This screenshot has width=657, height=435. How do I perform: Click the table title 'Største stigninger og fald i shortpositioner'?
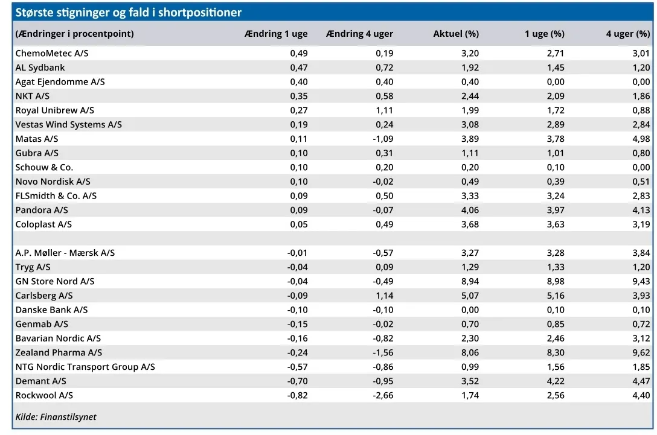pyautogui.click(x=128, y=13)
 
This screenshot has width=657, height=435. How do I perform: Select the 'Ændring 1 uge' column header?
pyautogui.click(x=276, y=34)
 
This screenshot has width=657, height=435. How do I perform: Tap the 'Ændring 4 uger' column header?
pyautogui.click(x=359, y=34)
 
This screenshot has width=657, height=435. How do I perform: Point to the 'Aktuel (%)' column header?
pyautogui.click(x=456, y=34)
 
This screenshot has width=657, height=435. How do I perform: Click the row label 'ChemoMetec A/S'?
pyautogui.click(x=52, y=53)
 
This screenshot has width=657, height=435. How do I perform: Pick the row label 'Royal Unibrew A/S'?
pyautogui.click(x=55, y=110)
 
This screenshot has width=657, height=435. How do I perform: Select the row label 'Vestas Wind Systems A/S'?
pyautogui.click(x=69, y=124)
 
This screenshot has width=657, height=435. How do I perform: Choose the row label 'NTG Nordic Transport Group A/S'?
pyautogui.click(x=85, y=367)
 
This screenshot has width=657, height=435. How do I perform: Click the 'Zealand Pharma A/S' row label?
pyautogui.click(x=59, y=352)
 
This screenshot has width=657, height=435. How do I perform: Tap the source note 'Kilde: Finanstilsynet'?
pyautogui.click(x=56, y=416)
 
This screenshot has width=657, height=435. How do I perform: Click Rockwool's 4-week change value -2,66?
pyautogui.click(x=383, y=395)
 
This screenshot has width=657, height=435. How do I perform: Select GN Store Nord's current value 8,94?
pyautogui.click(x=470, y=281)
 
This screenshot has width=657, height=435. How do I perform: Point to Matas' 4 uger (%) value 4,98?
pyautogui.click(x=641, y=139)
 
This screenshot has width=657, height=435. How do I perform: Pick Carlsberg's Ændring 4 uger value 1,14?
pyautogui.click(x=385, y=296)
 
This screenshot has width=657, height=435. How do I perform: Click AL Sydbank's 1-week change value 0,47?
pyautogui.click(x=299, y=68)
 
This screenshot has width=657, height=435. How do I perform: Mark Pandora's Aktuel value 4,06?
pyautogui.click(x=470, y=210)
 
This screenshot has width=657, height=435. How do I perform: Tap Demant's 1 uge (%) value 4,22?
pyautogui.click(x=556, y=381)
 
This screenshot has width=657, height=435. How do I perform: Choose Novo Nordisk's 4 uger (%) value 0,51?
pyautogui.click(x=641, y=181)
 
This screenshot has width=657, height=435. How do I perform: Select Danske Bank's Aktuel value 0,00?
pyautogui.click(x=470, y=310)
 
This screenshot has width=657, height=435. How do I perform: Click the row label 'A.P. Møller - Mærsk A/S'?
pyautogui.click(x=65, y=253)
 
